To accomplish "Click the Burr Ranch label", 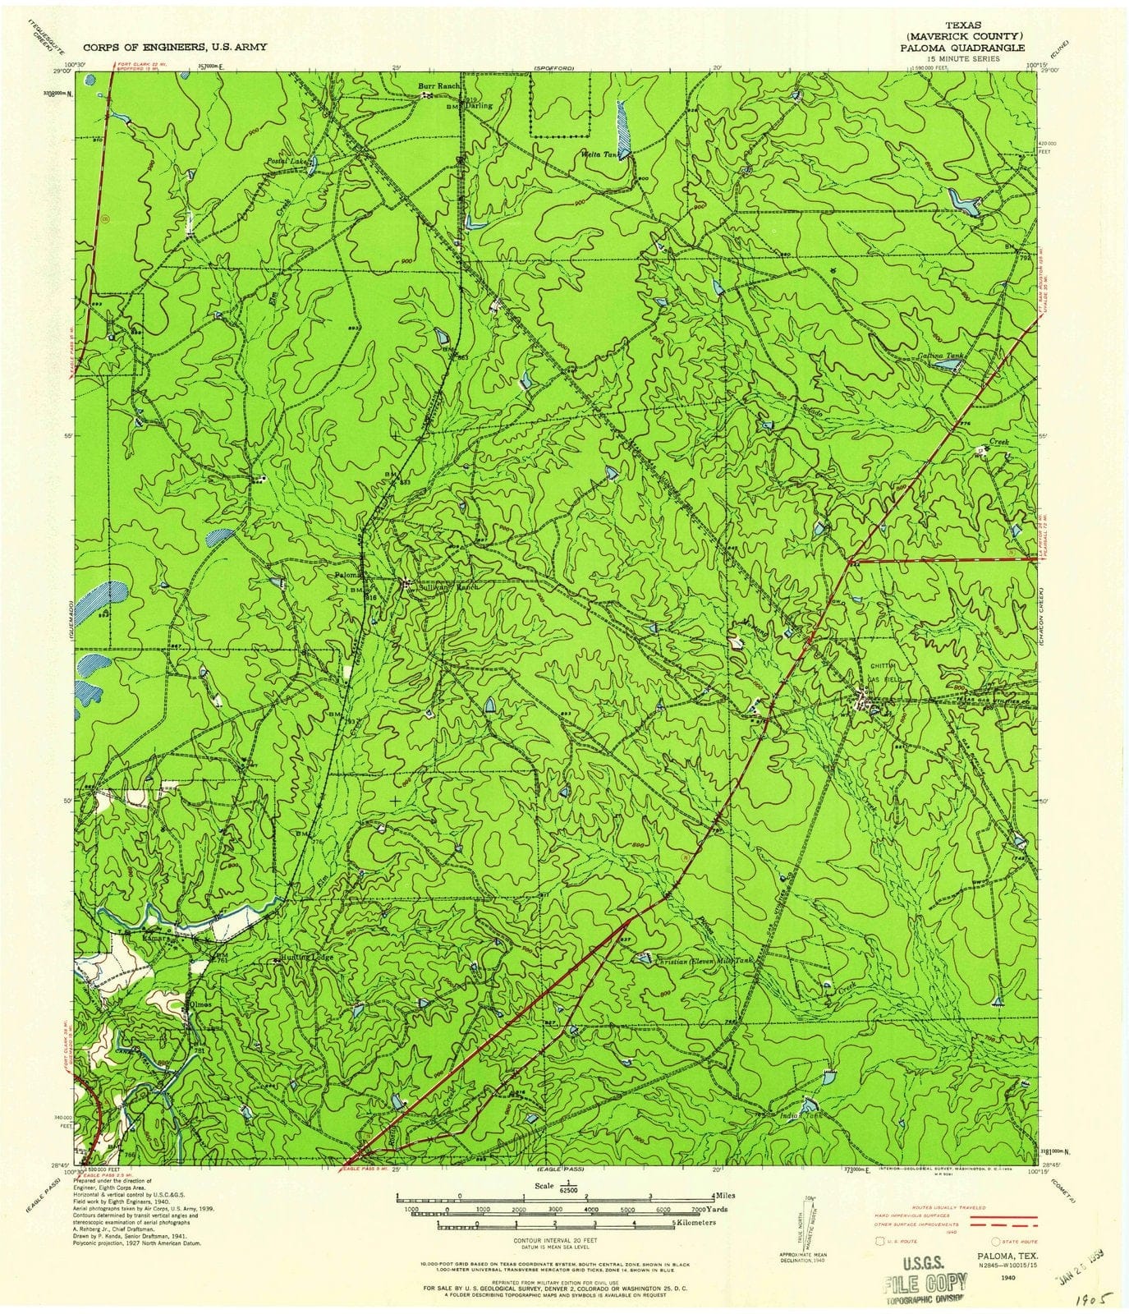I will (435, 85).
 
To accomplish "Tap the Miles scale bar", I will (554, 1197).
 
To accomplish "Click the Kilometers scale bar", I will (554, 1223).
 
